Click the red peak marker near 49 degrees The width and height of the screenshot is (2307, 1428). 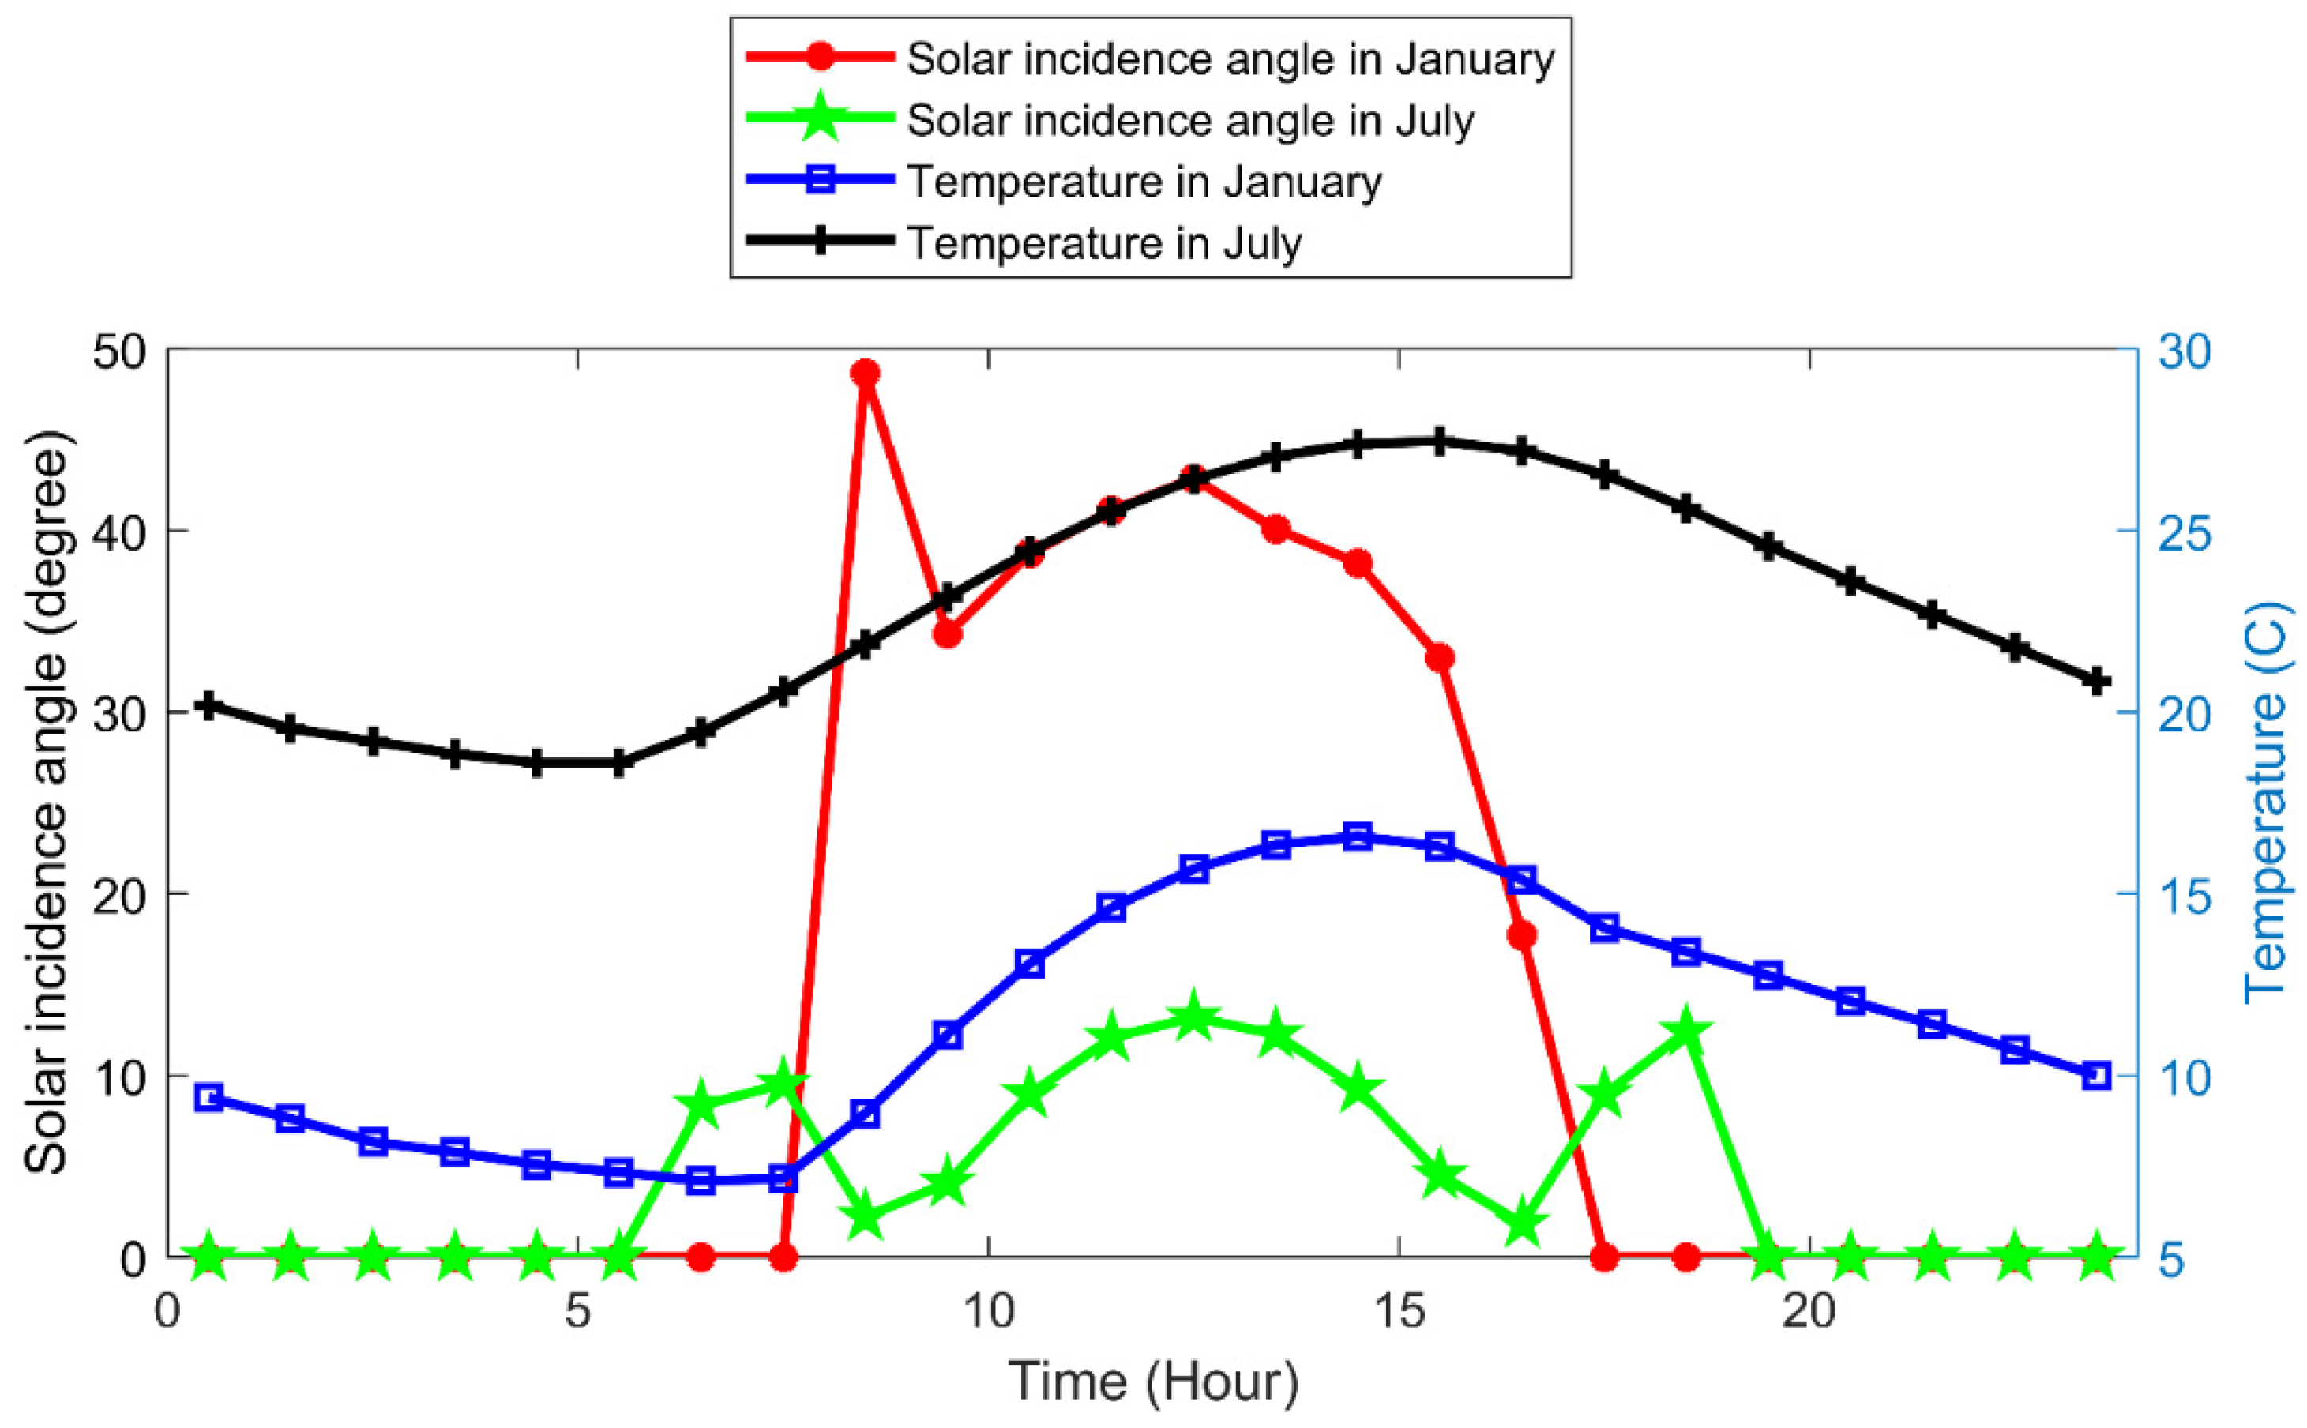point(865,373)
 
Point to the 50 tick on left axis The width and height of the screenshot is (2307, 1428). point(120,352)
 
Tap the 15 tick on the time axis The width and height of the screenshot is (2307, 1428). point(1399,1313)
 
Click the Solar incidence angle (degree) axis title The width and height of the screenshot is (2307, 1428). point(47,802)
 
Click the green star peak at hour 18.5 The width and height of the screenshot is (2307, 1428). point(1686,1032)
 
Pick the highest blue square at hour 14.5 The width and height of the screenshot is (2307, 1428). point(1358,836)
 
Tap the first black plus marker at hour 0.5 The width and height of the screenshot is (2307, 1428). point(209,705)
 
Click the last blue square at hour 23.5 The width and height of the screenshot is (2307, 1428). point(2096,1076)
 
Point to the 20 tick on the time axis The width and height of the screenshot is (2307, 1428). point(1809,1313)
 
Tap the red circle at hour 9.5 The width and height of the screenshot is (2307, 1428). point(947,633)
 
